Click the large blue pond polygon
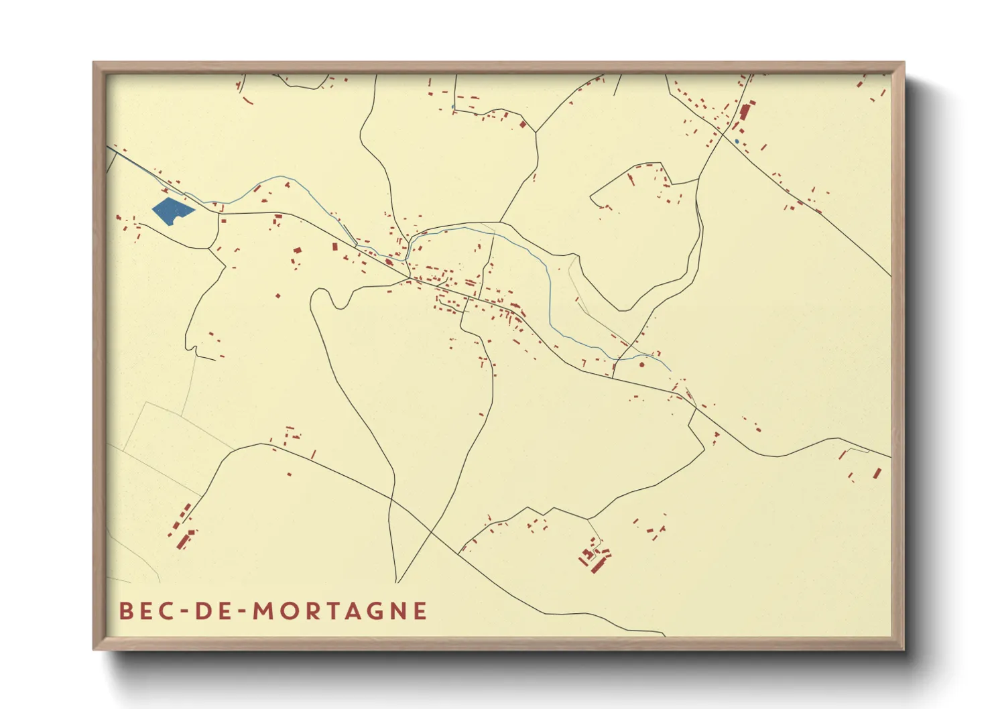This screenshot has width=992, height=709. pyautogui.click(x=172, y=211)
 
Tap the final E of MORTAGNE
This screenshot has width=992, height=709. pyautogui.click(x=421, y=610)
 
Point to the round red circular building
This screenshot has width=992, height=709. pyautogui.click(x=642, y=365)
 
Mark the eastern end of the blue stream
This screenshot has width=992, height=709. pyautogui.click(x=671, y=371)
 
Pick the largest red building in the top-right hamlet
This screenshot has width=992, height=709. pyautogui.click(x=745, y=112)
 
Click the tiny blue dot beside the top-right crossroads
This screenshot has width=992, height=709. pyautogui.click(x=737, y=141)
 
